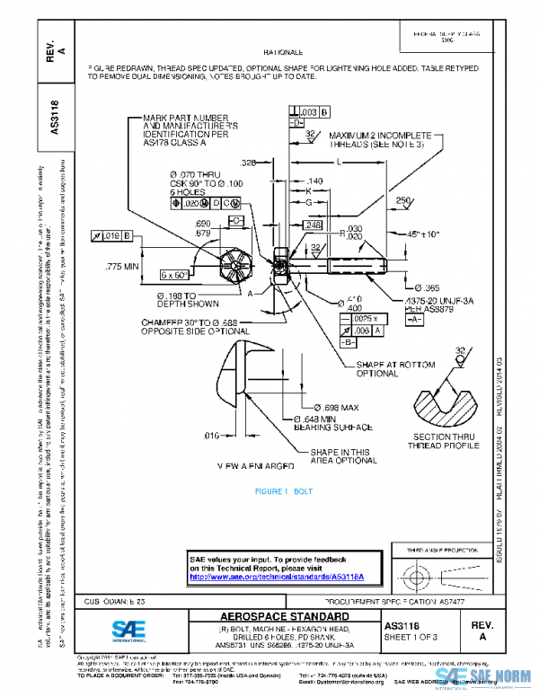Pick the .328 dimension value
[x=249, y=163]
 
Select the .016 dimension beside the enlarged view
[x=210, y=435]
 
